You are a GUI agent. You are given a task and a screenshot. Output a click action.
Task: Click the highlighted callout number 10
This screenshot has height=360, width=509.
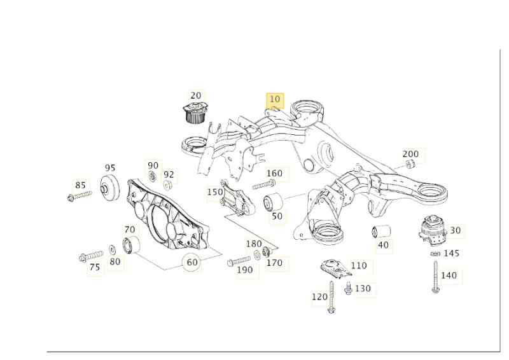tap(275, 100)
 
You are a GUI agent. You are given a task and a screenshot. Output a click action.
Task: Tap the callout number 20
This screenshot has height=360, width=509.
tap(196, 95)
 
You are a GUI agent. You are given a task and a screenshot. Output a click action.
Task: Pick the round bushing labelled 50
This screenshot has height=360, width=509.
tap(273, 202)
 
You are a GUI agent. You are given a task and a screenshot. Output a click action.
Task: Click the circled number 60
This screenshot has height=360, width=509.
tap(192, 261)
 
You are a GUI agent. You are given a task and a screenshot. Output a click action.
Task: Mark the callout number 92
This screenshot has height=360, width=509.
tap(169, 174)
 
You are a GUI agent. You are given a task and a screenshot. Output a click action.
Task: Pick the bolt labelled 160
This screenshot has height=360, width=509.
tap(262, 185)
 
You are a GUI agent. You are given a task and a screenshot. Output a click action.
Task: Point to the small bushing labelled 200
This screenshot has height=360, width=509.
tap(410, 165)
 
